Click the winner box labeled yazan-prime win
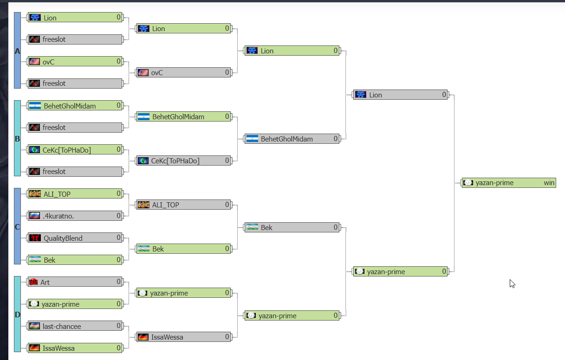pyautogui.click(x=509, y=183)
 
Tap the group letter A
pyautogui.click(x=18, y=51)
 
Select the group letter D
pyautogui.click(x=18, y=315)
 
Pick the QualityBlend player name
pyautogui.click(x=63, y=238)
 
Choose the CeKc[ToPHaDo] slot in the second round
pyautogui.click(x=183, y=161)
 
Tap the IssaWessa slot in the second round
pyautogui.click(x=183, y=337)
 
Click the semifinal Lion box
pyautogui.click(x=400, y=95)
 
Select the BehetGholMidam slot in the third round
pyautogui.click(x=292, y=139)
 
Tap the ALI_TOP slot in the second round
pyautogui.click(x=183, y=205)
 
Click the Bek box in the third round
pyautogui.click(x=292, y=227)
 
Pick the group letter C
pyautogui.click(x=18, y=227)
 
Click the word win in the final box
pyautogui.click(x=549, y=183)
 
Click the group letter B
pyautogui.click(x=18, y=139)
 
